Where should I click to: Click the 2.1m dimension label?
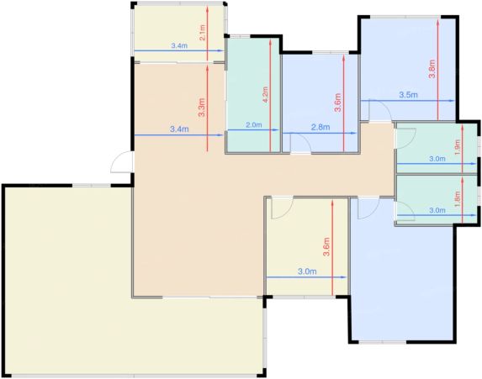[x=202, y=33]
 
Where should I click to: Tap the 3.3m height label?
[x=202, y=108]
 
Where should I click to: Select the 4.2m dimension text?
[x=265, y=95]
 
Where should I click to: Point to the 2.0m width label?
[x=254, y=125]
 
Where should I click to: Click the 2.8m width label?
[x=320, y=127]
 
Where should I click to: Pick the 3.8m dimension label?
[x=432, y=69]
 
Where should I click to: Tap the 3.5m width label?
[x=409, y=95]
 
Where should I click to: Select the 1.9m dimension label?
[x=457, y=147]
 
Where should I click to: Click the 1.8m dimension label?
[x=457, y=198]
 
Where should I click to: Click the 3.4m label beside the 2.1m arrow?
[x=179, y=45]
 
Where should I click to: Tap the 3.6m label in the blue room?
[x=338, y=103]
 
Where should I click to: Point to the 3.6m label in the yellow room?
[x=326, y=247]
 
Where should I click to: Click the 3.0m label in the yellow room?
[x=307, y=271]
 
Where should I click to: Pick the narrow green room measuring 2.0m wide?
[x=253, y=95]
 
